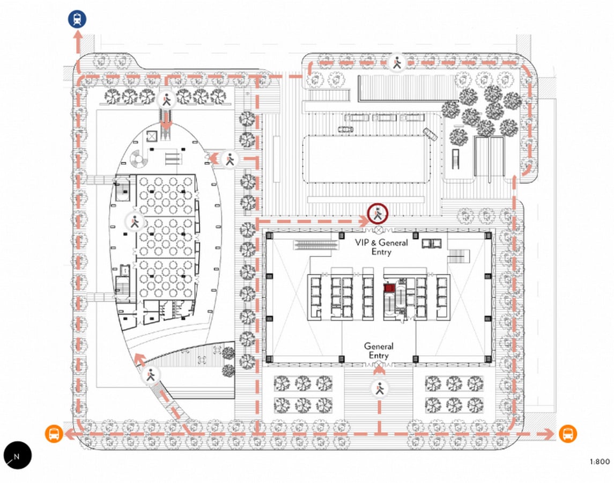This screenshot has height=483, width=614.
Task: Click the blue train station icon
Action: tap(77, 19)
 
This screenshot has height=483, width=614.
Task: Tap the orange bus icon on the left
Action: tap(54, 434)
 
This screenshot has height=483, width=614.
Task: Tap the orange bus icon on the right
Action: tap(567, 434)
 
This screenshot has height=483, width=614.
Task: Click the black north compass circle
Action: tap(18, 455)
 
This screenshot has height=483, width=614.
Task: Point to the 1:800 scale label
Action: tap(600, 462)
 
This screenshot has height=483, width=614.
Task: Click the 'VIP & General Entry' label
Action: tap(381, 247)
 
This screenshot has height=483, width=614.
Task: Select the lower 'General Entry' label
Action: tap(379, 350)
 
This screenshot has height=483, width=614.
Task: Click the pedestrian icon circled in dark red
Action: tap(378, 214)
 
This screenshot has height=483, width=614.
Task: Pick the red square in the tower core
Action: tap(388, 288)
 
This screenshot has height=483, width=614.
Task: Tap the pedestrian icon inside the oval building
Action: tap(135, 221)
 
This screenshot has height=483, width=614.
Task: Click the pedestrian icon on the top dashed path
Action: tap(397, 62)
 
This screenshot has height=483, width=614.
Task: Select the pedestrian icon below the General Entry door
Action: tap(380, 389)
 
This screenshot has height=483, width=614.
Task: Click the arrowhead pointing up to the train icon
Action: tap(78, 35)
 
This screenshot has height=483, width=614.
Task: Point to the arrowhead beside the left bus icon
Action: tap(69, 434)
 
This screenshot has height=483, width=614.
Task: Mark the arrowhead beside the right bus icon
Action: tap(550, 434)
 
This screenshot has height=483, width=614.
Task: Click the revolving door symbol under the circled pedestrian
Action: tap(379, 229)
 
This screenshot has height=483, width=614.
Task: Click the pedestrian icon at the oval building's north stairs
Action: tap(166, 100)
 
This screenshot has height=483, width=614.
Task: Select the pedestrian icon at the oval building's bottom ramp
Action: tap(151, 376)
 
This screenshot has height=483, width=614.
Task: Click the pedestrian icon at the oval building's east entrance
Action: tap(230, 159)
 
